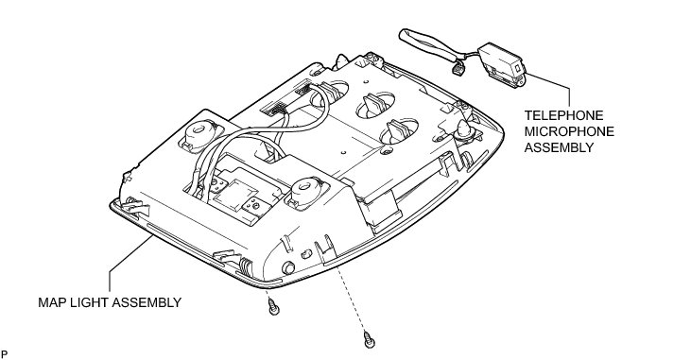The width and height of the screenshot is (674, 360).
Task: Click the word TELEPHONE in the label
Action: point(563,115)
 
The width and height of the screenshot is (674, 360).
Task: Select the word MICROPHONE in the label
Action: point(569,131)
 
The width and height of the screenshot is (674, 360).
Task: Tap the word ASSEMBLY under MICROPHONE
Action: point(559,147)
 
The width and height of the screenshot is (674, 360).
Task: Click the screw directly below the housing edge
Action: point(273,307)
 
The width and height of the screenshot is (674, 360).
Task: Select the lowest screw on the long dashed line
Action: point(369,339)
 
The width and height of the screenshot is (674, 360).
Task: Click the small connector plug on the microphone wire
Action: point(458,68)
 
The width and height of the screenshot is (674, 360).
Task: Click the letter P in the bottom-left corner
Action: point(4,354)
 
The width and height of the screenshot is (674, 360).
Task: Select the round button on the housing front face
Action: point(288,268)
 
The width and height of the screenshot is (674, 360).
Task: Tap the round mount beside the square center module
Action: point(304,192)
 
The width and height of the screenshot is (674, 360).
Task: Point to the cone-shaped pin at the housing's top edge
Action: point(342,61)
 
